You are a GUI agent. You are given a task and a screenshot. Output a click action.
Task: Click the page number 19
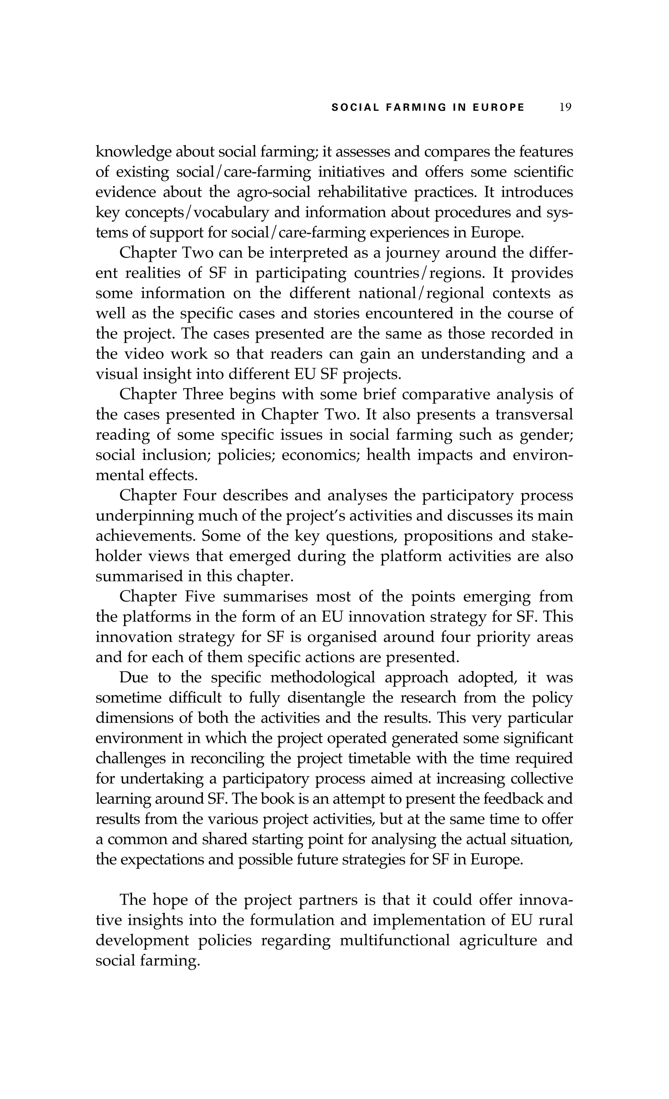click(565, 107)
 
